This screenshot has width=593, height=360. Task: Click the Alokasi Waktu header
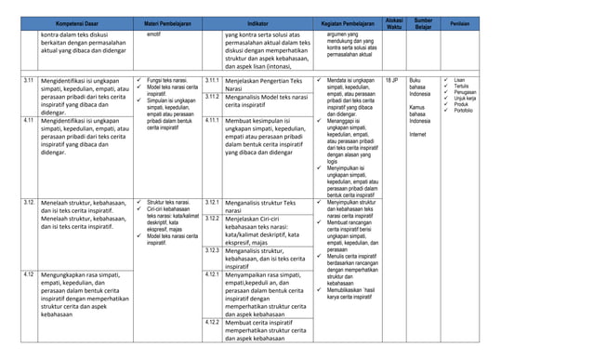(394, 21)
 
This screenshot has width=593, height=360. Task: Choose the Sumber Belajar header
(423, 21)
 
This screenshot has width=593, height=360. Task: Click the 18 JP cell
(392, 82)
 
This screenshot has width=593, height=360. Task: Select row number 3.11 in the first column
(31, 82)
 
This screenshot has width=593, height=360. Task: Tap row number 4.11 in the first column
(30, 120)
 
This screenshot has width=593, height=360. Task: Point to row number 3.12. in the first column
(31, 202)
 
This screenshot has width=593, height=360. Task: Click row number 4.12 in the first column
(30, 274)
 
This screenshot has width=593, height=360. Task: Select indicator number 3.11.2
(211, 97)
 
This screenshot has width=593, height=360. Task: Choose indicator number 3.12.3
(211, 250)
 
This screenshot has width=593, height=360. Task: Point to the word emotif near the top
(153, 34)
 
